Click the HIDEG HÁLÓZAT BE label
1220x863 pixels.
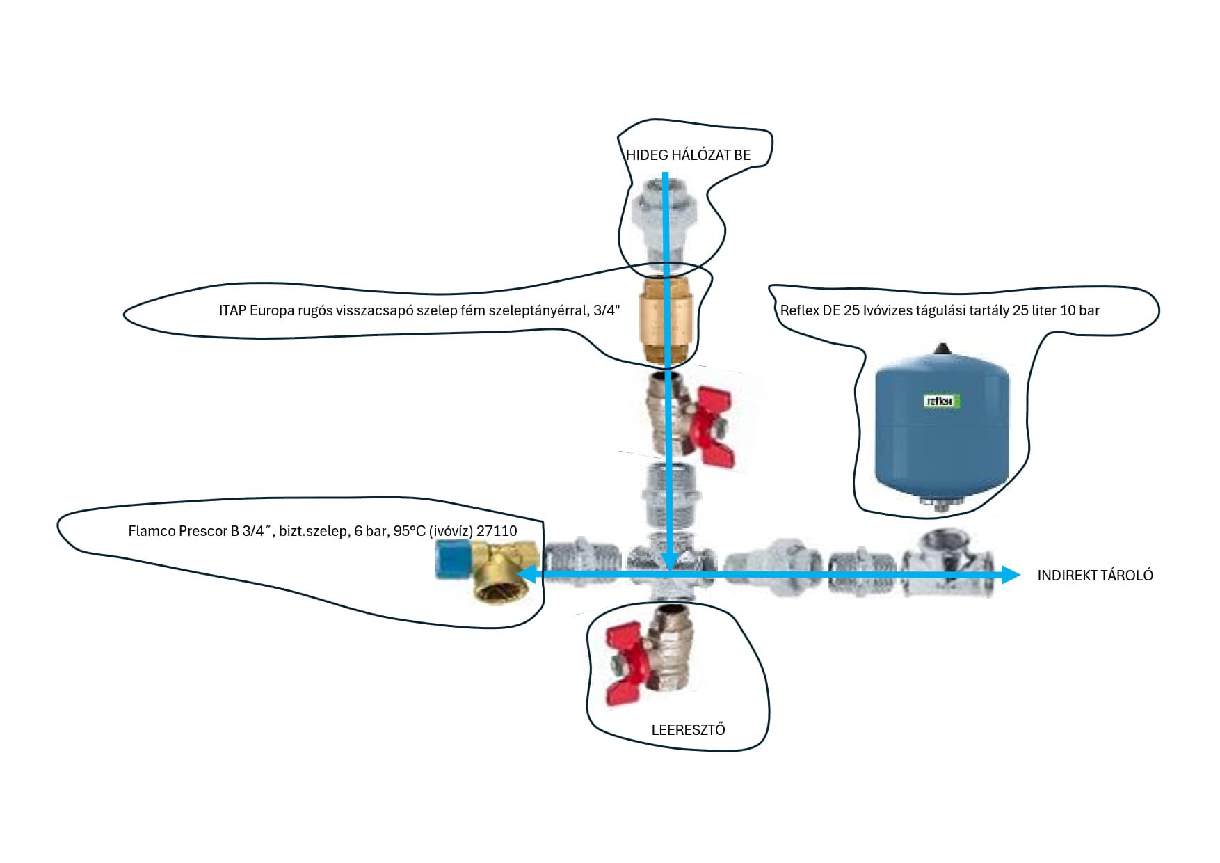click(x=688, y=155)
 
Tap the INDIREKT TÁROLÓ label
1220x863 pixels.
click(x=1095, y=576)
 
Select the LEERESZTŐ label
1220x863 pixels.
click(x=688, y=730)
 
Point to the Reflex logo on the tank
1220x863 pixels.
click(x=942, y=401)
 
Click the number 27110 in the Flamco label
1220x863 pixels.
click(x=497, y=531)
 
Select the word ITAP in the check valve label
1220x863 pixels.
click(x=232, y=310)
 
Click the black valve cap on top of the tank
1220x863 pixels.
click(x=942, y=349)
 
